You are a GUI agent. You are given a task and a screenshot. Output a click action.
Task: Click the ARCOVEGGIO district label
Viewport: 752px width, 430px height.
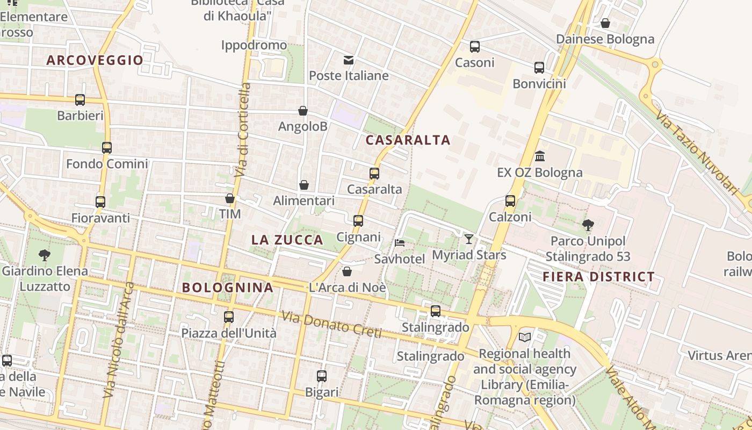[x=95, y=60]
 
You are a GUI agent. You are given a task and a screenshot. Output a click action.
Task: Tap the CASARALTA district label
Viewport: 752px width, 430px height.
[x=408, y=140]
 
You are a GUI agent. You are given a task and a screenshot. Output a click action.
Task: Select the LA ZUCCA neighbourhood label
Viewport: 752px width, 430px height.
[x=287, y=240]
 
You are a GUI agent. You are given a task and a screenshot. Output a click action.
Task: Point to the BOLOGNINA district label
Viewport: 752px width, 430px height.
[x=228, y=288]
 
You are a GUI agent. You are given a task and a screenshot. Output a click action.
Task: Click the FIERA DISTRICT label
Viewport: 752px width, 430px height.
[x=598, y=277]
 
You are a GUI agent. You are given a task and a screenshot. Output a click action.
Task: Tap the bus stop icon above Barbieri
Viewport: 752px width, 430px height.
[x=80, y=99]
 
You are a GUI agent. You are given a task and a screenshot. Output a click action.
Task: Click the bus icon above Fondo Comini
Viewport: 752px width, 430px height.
[x=107, y=147]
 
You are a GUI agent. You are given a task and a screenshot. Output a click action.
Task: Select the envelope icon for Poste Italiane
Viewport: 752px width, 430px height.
[x=349, y=59]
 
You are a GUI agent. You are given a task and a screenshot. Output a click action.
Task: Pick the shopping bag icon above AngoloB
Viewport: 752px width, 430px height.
[x=303, y=111]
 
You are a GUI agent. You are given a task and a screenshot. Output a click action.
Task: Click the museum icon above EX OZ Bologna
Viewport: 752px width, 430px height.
[x=540, y=156]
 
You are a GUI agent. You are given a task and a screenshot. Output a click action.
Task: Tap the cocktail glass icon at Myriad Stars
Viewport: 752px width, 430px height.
[x=469, y=239]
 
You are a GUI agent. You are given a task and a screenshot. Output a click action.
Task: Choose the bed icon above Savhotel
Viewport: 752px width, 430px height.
[x=400, y=243]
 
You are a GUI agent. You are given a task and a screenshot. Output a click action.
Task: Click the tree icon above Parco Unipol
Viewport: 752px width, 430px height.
[x=588, y=225]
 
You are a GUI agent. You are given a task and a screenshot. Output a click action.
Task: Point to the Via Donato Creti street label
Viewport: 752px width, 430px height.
[x=332, y=326]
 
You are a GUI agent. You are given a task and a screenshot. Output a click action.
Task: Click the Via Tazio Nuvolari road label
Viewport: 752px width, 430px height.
[x=698, y=152]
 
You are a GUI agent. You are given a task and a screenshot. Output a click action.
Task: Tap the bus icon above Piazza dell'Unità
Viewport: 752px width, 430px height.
[x=229, y=317]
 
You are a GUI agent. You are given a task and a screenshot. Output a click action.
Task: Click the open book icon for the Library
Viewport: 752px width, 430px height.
[x=525, y=337]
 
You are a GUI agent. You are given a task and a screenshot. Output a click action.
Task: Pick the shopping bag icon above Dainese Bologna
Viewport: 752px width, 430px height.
[x=605, y=23]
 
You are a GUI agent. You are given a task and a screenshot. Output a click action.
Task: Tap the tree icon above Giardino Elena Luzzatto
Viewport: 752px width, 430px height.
[x=45, y=255]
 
